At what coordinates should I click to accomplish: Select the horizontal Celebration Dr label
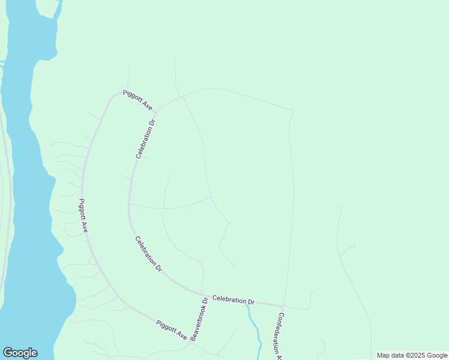click(234, 300)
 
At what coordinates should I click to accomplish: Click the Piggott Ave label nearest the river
click(84, 215)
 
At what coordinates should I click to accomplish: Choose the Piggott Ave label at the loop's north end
click(137, 100)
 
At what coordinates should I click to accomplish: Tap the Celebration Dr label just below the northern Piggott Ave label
click(145, 139)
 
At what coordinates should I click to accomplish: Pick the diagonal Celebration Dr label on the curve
click(148, 254)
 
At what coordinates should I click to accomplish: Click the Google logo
click(20, 353)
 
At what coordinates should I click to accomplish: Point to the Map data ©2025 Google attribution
click(412, 355)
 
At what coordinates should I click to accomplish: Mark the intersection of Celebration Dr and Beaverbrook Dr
click(202, 293)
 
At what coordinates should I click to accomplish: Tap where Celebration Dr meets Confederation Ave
click(282, 306)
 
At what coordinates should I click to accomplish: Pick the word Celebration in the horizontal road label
click(229, 299)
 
